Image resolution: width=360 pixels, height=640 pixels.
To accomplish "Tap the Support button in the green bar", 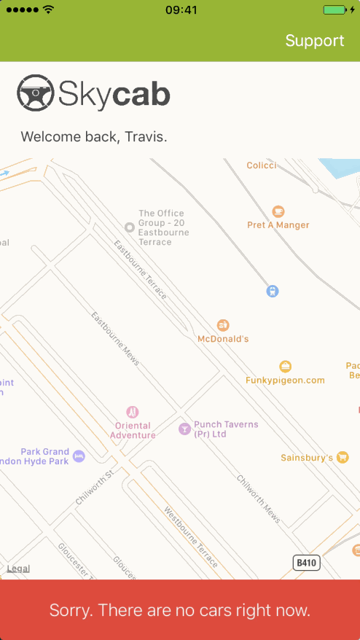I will coord(314,41).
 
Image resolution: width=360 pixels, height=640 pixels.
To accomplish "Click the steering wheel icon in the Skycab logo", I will coord(35,94).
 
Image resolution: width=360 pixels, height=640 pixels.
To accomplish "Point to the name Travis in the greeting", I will coord(144,136).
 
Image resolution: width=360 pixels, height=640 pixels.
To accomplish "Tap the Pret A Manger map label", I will coord(278,225).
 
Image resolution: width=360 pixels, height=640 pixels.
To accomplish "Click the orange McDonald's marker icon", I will coord(224,325).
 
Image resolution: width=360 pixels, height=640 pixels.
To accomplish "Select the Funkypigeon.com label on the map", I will coord(285,380).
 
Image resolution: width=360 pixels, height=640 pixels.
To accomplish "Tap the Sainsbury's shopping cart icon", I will coord(343,457).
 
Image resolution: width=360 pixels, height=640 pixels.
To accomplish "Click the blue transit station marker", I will coord(272,292).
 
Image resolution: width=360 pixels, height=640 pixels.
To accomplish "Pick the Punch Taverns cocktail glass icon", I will coord(184,428).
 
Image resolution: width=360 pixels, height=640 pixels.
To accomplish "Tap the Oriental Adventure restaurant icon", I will coord(133,412).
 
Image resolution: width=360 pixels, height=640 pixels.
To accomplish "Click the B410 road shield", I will coord(307,563).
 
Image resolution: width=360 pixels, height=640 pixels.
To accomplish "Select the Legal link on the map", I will coord(18,569).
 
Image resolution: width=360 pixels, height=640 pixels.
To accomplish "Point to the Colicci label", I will coord(262,165).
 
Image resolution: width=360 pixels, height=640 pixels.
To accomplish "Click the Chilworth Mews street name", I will coord(259,493).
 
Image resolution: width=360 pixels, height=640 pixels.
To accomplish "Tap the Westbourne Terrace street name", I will coord(191,537).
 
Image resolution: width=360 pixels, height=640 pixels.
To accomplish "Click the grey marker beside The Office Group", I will coord(129,227).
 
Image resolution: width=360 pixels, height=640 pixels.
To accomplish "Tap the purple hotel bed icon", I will coord(79,456).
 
